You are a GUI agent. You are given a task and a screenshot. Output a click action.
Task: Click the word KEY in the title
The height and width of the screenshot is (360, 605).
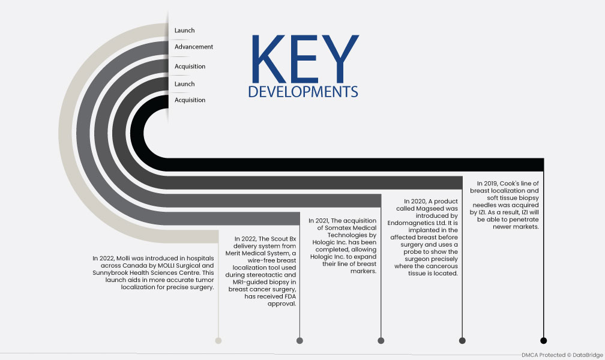point(305,59)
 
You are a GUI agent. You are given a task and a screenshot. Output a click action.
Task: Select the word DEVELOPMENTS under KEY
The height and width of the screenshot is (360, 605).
point(303,92)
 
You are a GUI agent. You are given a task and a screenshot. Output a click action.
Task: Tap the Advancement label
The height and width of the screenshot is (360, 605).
point(194,47)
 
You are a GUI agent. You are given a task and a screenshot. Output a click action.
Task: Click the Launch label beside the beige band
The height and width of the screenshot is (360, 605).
point(184,30)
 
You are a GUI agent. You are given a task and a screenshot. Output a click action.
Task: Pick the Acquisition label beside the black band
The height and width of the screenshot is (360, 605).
point(190,100)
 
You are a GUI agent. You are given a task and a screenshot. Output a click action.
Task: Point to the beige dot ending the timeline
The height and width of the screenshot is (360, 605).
point(218,340)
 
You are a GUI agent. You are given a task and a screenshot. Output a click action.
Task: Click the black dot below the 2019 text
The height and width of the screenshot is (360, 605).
point(544,340)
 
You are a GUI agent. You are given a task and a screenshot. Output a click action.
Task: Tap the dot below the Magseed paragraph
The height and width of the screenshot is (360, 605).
point(462,340)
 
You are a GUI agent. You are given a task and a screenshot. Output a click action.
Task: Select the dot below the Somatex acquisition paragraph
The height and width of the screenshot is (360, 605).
point(381,340)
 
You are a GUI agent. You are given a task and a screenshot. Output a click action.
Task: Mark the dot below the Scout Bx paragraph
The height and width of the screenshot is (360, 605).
point(299,340)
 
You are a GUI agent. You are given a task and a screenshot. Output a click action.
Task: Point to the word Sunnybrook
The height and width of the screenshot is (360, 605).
point(110,273)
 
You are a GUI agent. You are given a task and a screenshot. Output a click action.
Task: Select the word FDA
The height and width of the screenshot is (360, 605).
point(290,296)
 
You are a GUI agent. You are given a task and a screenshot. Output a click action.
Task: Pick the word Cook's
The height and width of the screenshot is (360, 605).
point(510,184)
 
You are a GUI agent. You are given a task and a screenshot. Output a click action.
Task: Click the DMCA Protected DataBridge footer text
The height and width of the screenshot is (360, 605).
point(562,355)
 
